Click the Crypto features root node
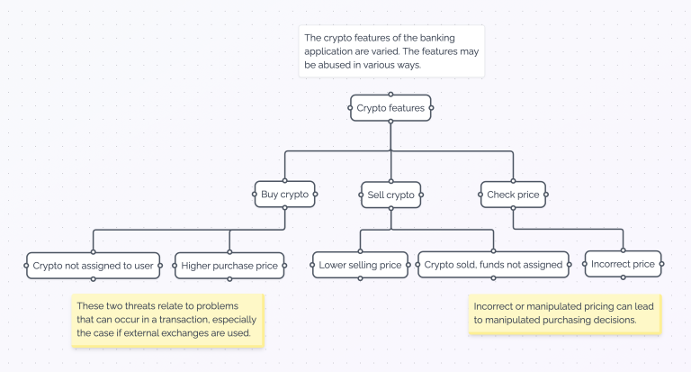390,108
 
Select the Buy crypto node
284,194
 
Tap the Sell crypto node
391,195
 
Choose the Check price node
513,194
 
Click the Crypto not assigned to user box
94,265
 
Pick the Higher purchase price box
229,265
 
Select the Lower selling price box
360,265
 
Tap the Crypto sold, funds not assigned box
493,265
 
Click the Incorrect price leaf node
623,264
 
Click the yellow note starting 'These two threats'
167,321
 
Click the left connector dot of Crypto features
350,108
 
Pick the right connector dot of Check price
550,194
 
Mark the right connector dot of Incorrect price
662,264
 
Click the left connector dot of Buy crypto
254,194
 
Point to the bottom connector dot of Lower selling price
360,278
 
